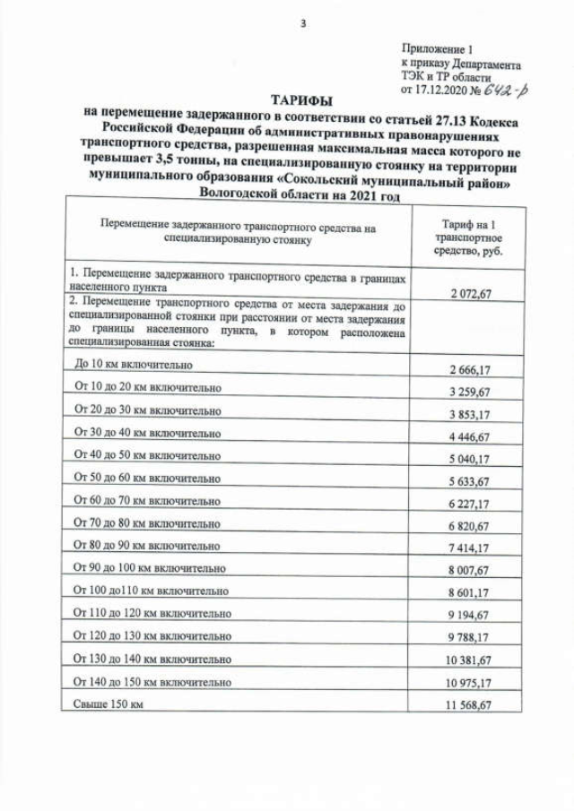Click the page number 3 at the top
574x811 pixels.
coord(302,23)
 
